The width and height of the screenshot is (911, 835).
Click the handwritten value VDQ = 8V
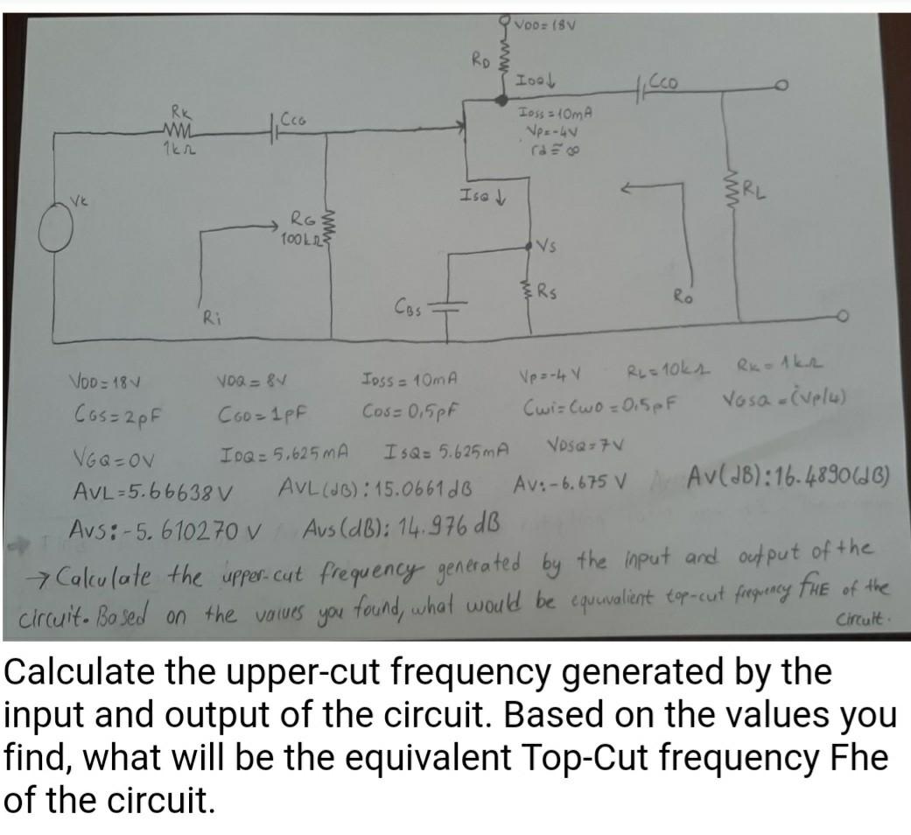248,382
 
